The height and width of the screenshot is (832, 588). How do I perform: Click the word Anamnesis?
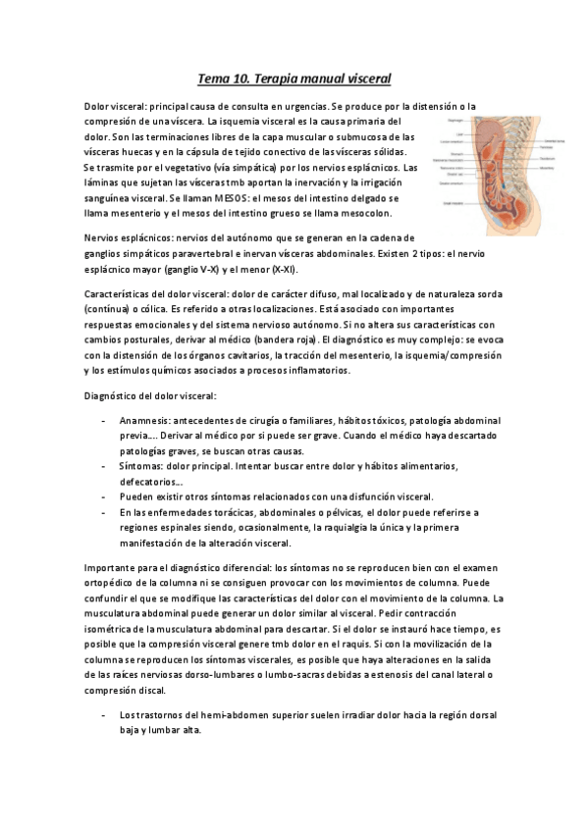click(147, 420)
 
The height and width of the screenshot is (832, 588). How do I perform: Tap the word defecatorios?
click(151, 482)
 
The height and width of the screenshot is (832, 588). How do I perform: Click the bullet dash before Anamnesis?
click(105, 420)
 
